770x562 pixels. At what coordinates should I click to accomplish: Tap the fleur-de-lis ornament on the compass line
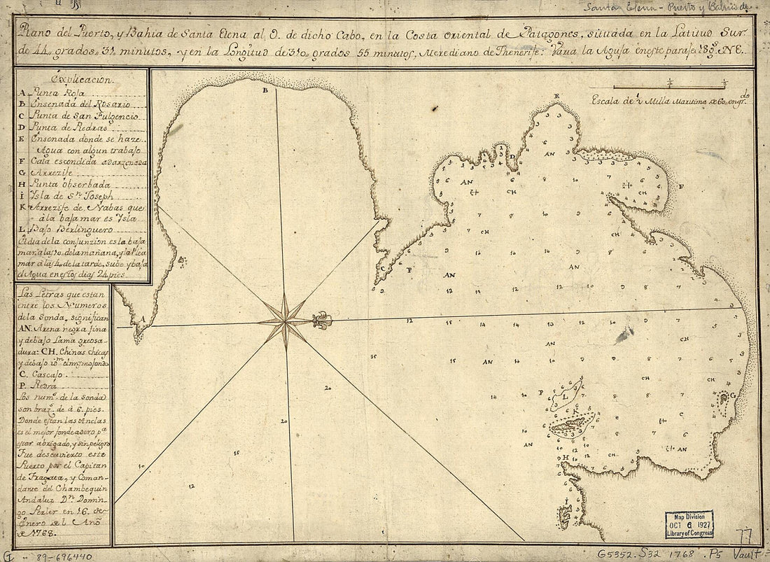322,321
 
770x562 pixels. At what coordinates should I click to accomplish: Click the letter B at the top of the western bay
265,91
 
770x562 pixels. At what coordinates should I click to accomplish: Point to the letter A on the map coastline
142,318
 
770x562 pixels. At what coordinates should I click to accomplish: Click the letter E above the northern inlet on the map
556,96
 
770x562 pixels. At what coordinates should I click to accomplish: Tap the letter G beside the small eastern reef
733,396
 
